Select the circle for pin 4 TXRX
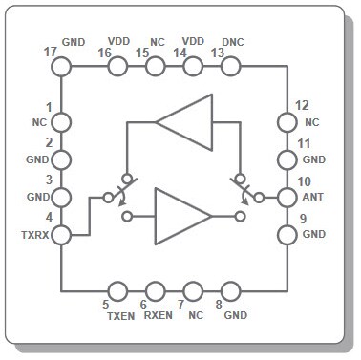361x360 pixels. [x=60, y=235]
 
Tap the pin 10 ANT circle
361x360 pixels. [x=286, y=198]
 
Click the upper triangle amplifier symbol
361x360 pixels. [x=183, y=121]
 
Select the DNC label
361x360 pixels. [x=233, y=42]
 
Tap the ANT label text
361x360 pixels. [x=312, y=197]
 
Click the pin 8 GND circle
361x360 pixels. [x=229, y=291]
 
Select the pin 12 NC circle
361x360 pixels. [x=286, y=122]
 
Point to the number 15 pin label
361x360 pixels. [x=142, y=53]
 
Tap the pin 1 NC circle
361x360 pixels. [x=60, y=122]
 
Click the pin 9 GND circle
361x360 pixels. [x=286, y=235]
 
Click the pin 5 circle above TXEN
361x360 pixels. [x=118, y=291]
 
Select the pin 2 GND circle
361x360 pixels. [x=60, y=159]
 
